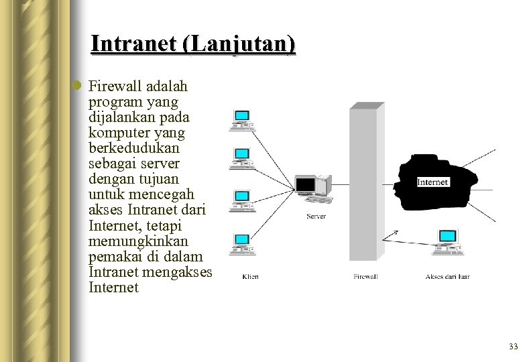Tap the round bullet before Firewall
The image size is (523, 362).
point(78,85)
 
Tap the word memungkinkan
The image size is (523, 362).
point(138,241)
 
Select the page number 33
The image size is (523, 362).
point(514,347)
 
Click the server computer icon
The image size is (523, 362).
point(313,188)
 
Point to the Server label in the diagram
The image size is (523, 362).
point(316,216)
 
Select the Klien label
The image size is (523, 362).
point(250,276)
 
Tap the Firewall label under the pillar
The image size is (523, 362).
point(365,276)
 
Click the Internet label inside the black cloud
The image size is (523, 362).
point(432,182)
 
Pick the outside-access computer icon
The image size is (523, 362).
point(447,241)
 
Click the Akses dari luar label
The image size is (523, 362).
point(447,276)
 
